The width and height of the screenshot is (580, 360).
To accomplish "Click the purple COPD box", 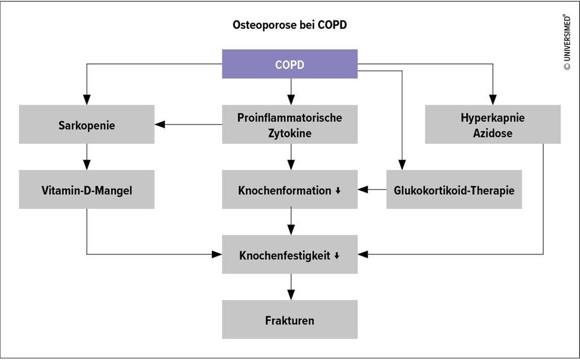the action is [x=289, y=64].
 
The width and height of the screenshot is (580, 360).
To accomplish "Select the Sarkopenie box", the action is [x=87, y=124].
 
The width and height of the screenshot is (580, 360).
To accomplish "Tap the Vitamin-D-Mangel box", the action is [x=87, y=190].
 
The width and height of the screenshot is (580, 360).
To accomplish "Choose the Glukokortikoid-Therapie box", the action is [x=454, y=190].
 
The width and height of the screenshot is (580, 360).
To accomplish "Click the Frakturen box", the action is [x=289, y=320].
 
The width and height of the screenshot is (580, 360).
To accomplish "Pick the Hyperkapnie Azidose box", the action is [x=493, y=124].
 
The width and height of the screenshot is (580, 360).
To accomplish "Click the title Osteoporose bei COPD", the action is [x=289, y=25].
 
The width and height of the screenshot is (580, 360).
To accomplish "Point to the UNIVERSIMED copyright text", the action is [x=566, y=42].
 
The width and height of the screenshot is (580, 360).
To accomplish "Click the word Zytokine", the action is [x=289, y=133].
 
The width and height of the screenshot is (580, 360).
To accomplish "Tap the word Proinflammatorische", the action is [x=289, y=118].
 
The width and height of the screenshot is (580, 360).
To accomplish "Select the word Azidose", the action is [x=493, y=133].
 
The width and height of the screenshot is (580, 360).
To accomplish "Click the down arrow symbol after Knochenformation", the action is [x=338, y=191].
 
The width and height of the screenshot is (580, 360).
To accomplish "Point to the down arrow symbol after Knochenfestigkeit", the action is [x=336, y=256].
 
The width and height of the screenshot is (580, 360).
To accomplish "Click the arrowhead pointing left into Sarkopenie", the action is [x=160, y=125].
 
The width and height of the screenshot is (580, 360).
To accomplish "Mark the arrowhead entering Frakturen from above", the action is [x=291, y=294].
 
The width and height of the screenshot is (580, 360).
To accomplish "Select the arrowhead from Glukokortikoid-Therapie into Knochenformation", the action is [x=363, y=190].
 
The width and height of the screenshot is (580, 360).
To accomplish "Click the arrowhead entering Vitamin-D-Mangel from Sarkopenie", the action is [x=87, y=165].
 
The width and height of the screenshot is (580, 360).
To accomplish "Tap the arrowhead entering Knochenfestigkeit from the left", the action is [x=217, y=254].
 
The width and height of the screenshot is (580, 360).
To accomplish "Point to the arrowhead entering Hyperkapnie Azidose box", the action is [x=493, y=100].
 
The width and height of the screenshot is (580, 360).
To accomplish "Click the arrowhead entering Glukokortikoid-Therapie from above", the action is [x=402, y=165].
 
